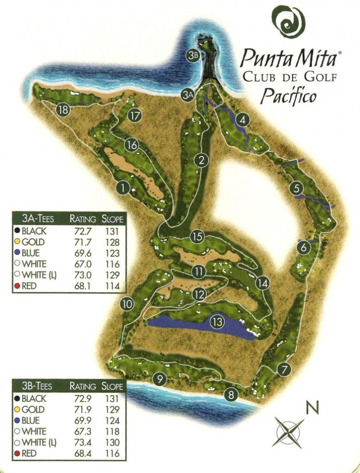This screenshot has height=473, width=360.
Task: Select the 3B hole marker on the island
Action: click(193, 55)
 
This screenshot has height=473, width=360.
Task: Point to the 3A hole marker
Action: click(187, 95)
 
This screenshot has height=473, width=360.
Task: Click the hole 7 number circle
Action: click(285, 369)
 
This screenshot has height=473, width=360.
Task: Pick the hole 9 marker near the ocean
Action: click(159, 380)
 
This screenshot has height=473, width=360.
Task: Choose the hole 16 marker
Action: click(132, 145)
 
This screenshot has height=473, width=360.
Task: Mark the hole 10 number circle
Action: click(127, 304)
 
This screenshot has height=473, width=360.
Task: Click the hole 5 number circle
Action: click(296, 188)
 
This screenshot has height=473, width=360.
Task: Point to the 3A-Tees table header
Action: click(38, 219)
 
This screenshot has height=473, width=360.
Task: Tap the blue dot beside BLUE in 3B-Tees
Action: click(17, 421)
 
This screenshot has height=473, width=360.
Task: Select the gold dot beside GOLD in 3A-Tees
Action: click(17, 242)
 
